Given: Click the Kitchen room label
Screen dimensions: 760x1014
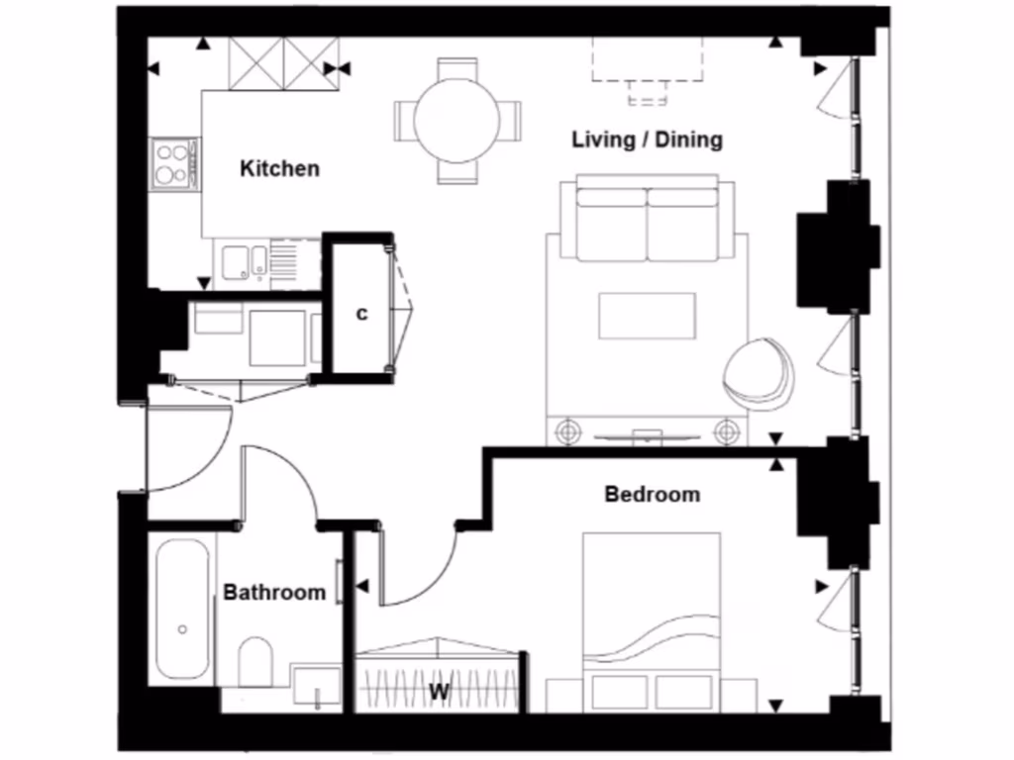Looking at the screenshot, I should point(280,168).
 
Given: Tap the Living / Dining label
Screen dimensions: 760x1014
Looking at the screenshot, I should point(647,140).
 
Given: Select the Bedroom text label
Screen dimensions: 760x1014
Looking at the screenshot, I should point(652,494).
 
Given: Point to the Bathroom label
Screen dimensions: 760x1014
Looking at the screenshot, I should point(274,593).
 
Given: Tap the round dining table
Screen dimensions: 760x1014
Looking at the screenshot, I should point(456,120).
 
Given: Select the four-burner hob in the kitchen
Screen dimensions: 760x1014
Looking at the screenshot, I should point(173,164).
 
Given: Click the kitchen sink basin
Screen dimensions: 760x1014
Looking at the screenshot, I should point(237,262).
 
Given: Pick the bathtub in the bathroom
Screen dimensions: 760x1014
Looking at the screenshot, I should point(182,608).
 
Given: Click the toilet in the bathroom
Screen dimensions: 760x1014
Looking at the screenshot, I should point(256,660).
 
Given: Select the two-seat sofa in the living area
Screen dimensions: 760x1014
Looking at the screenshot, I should point(647,220).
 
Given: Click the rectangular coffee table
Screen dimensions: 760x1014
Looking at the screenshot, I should point(647,316).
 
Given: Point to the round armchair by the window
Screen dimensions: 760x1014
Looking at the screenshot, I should point(760,375).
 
